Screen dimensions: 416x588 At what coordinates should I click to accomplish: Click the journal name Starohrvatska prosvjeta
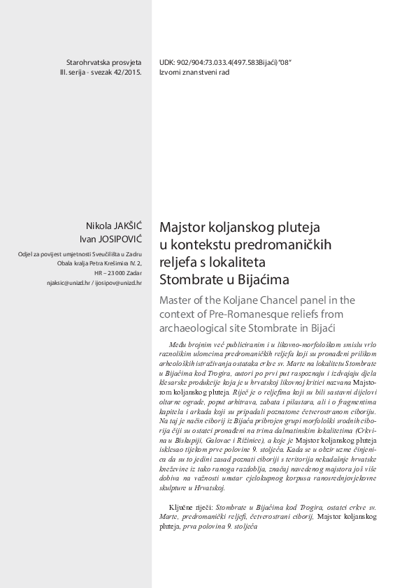[103, 61]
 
